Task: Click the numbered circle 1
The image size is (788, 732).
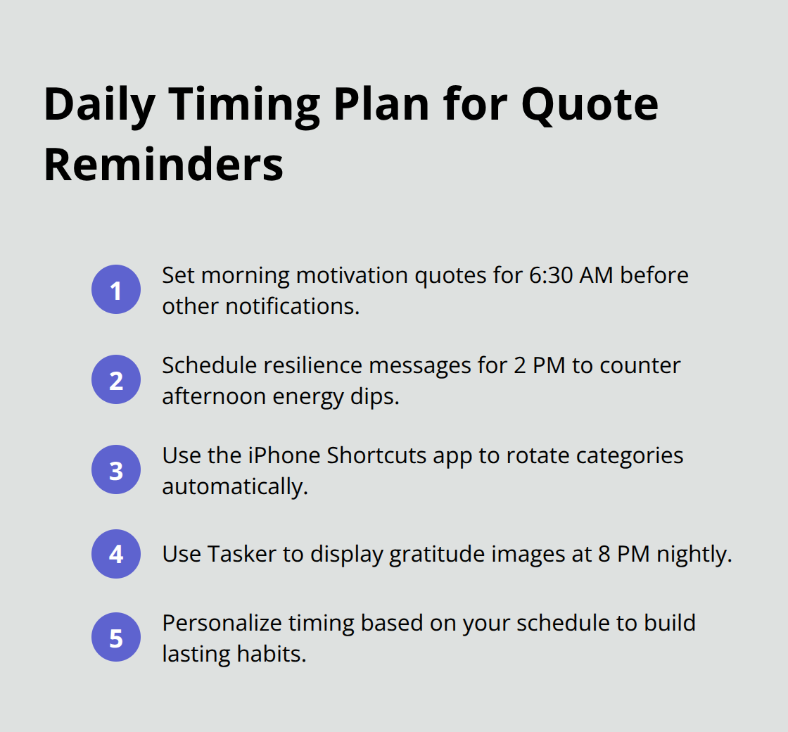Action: [x=116, y=289]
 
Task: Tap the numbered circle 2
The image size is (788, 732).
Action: [x=116, y=379]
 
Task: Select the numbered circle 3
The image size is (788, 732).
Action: [x=116, y=469]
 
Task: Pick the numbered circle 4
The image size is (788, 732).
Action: [x=116, y=554]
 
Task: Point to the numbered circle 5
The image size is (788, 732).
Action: [x=116, y=638]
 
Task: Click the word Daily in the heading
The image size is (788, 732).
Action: [x=99, y=104]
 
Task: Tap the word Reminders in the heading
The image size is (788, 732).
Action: [x=163, y=165]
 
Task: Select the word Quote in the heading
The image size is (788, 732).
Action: [x=590, y=104]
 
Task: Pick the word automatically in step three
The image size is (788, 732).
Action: [x=235, y=486]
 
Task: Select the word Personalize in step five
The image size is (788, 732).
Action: [x=219, y=623]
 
